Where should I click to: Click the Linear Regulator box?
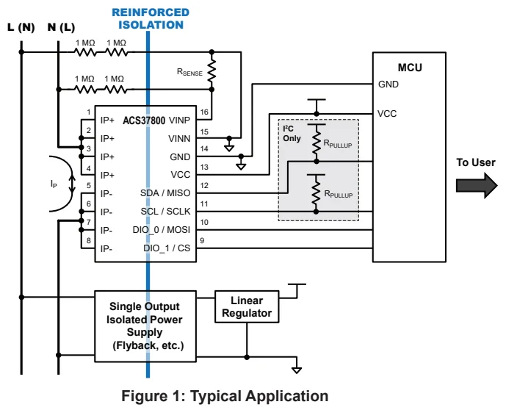(246, 307)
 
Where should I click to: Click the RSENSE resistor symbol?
(212, 72)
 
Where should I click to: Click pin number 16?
(204, 112)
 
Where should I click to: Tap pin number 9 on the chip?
(203, 241)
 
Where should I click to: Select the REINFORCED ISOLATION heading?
(151, 18)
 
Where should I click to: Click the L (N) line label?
(21, 27)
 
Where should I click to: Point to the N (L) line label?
(60, 27)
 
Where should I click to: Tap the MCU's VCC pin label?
(388, 114)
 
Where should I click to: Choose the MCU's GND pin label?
(388, 84)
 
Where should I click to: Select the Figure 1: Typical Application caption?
(225, 396)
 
